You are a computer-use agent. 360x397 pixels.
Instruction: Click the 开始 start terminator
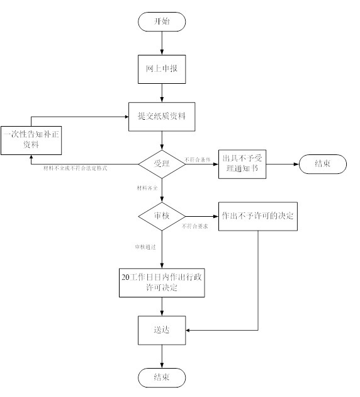tap(162, 21)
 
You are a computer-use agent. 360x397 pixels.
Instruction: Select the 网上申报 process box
tap(162, 69)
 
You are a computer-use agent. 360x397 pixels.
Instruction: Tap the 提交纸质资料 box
tap(162, 117)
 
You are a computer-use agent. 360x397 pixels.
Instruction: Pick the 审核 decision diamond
tap(162, 216)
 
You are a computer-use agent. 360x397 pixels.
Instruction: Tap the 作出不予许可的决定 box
tap(257, 216)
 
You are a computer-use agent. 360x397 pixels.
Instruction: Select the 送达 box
tap(162, 330)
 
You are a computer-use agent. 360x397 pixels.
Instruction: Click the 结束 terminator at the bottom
tap(162, 377)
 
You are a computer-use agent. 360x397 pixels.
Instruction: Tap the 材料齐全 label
tap(148, 188)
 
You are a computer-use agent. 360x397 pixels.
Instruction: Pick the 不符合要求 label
tap(195, 226)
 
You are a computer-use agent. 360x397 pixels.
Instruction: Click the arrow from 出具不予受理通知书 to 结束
tap(283, 165)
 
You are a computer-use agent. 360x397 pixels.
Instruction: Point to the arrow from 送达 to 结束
tap(162, 355)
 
